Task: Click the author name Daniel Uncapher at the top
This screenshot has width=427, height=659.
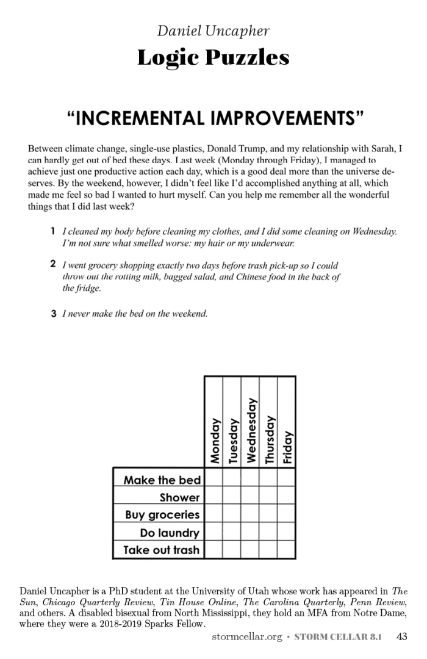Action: [x=213, y=31]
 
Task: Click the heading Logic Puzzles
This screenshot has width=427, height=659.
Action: [x=213, y=58]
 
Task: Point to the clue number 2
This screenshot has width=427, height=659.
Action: [x=54, y=264]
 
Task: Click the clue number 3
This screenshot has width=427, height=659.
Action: [x=54, y=314]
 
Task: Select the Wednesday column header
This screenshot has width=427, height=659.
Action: [x=251, y=430]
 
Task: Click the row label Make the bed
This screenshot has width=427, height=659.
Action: [x=162, y=480]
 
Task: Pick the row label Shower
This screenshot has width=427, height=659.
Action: [x=179, y=497]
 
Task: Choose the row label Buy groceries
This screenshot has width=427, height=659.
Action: [x=162, y=514]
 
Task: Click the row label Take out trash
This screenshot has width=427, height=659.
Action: [x=161, y=550]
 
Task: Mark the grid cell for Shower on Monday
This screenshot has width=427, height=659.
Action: [x=213, y=497]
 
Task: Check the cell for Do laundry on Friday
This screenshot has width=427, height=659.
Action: [x=287, y=532]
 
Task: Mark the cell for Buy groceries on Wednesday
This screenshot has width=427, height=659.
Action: [x=250, y=514]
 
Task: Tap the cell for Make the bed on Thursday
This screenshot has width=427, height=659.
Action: [x=268, y=479]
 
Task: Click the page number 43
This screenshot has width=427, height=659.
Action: [x=401, y=636]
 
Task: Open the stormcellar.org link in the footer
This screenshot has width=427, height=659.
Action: [x=246, y=637]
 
